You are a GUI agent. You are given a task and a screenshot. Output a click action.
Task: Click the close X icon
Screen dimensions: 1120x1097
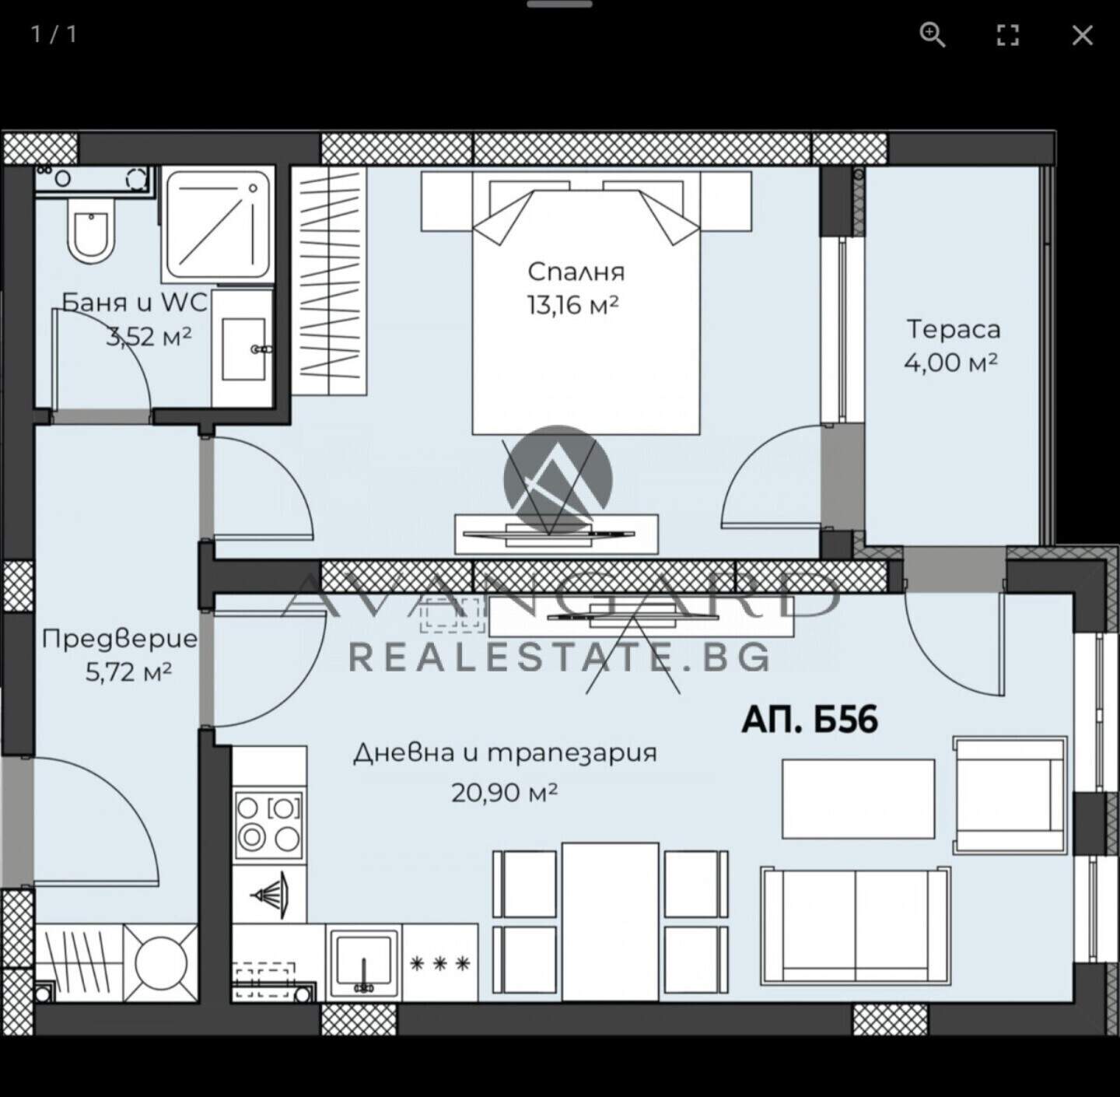[1082, 36]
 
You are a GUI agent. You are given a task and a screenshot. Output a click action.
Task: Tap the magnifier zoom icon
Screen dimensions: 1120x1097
[932, 35]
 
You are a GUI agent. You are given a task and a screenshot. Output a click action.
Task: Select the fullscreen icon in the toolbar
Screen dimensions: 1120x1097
[1007, 36]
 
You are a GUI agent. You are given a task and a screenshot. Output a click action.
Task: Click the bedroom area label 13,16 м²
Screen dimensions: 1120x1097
[572, 304]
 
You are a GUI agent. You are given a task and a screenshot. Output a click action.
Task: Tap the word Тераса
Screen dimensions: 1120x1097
[954, 329]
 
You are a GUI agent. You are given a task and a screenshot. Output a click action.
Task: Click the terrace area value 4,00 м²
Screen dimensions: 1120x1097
[951, 363]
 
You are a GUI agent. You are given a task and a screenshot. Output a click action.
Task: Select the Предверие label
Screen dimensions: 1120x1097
[119, 640]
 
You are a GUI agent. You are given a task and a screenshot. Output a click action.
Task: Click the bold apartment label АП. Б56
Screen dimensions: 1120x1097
[810, 720]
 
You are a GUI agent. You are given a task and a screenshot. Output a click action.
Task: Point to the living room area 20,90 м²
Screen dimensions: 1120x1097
[504, 792]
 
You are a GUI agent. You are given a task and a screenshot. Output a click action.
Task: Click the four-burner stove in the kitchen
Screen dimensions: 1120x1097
[268, 824]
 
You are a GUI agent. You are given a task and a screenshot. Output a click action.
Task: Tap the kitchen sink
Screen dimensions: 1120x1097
[364, 961]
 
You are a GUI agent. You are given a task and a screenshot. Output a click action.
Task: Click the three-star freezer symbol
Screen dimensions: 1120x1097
[440, 964]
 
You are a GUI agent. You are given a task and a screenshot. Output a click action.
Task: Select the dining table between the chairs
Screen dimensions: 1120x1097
[611, 921]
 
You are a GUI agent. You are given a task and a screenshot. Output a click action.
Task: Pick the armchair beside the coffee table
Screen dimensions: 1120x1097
[1010, 795]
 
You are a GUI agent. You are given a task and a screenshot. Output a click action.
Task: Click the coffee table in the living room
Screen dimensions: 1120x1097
[859, 798]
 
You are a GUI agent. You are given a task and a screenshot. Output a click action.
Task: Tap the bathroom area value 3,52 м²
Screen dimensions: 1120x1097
[149, 336]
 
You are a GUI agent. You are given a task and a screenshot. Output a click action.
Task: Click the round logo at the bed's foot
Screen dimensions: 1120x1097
[558, 479]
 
